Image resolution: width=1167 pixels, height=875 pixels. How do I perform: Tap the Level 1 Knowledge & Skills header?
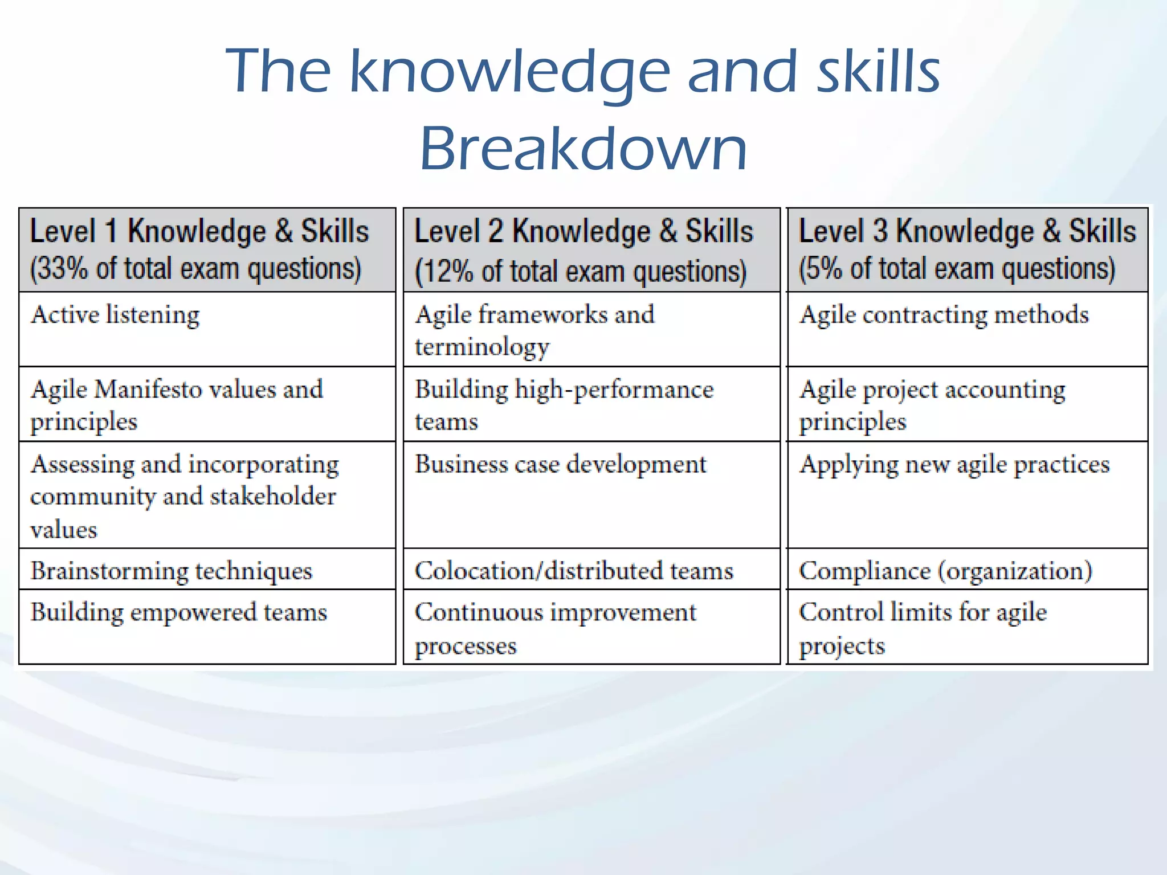click(x=199, y=231)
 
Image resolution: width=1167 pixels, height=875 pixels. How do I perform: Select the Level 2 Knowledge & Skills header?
click(x=583, y=231)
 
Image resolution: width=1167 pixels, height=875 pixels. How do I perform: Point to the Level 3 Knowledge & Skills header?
click(x=967, y=231)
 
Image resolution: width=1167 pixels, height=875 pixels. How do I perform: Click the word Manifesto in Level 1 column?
click(x=148, y=390)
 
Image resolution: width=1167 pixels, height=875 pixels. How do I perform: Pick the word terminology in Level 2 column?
click(x=482, y=347)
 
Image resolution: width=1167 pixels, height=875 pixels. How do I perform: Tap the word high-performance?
click(x=614, y=390)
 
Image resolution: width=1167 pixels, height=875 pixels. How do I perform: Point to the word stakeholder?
click(x=273, y=497)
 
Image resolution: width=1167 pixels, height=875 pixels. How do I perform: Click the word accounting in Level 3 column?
click(x=1005, y=390)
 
